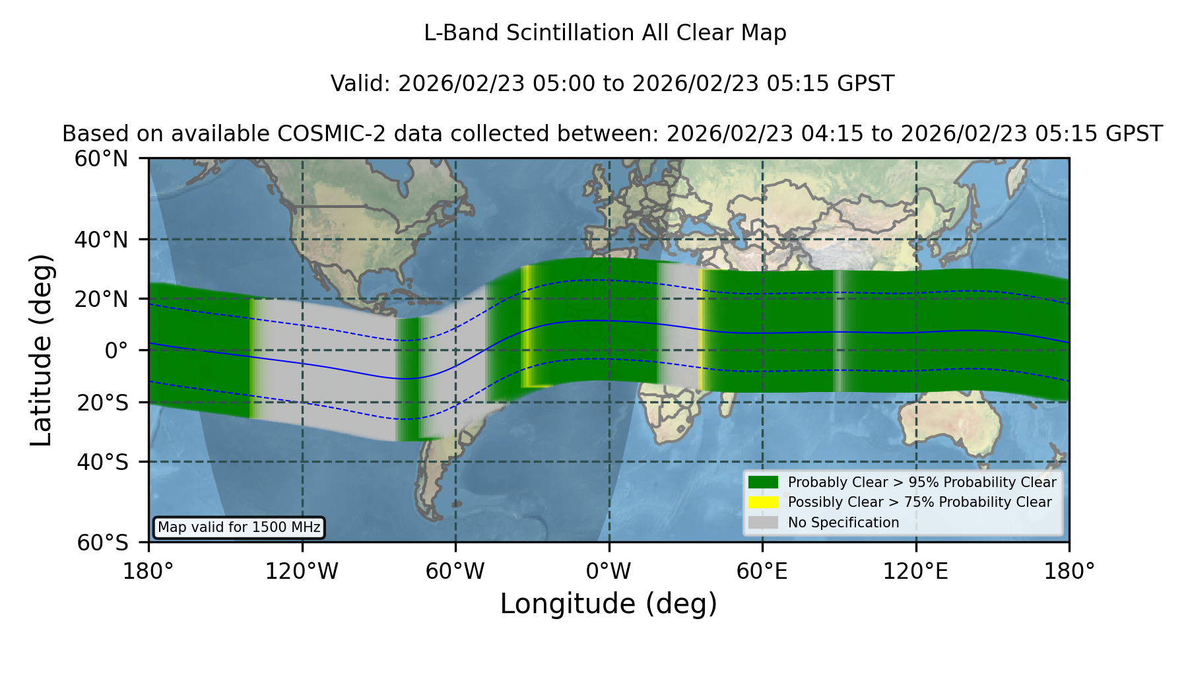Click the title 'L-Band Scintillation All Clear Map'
point(605,32)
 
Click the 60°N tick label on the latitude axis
point(101,158)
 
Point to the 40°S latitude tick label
point(102,461)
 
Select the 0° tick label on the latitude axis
point(116,350)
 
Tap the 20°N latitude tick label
point(101,299)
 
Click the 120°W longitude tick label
point(302,571)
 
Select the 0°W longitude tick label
point(609,571)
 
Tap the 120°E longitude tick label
point(915,571)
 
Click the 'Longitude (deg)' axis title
point(609,604)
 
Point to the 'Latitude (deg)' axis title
point(41,350)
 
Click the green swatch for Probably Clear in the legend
point(763,482)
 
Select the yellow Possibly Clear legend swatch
point(763,502)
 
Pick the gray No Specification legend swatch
point(763,522)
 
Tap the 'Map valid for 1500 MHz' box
point(239,527)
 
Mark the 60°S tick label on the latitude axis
point(102,543)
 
